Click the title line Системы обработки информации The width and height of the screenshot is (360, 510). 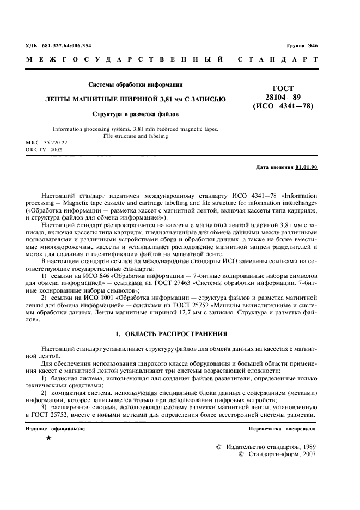click(x=135, y=84)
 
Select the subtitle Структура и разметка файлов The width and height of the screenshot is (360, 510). click(x=135, y=114)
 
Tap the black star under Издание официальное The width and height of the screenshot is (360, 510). click(x=48, y=439)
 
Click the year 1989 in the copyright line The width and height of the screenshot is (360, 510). click(x=306, y=446)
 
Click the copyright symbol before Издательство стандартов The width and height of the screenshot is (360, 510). click(x=219, y=447)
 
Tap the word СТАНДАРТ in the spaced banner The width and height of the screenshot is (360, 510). click(x=278, y=59)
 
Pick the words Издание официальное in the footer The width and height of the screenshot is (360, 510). click(x=55, y=429)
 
